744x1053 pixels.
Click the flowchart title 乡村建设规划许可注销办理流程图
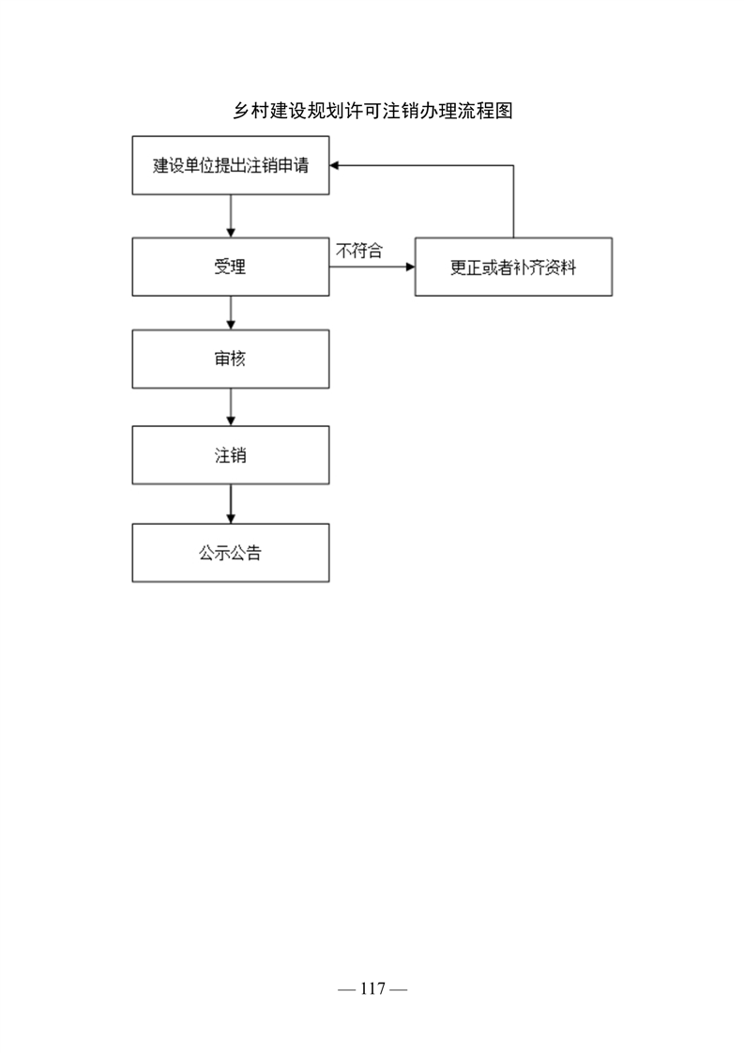pos(372,111)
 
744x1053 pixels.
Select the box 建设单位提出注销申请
pos(230,165)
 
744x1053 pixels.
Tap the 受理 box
pos(230,267)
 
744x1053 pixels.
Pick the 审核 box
pos(230,359)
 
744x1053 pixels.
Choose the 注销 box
pos(230,454)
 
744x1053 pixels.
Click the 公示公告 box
pos(230,553)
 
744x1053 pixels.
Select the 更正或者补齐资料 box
pos(514,267)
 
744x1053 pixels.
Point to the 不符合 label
pos(359,251)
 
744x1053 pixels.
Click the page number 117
pos(372,988)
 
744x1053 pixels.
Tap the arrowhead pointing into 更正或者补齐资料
pos(410,267)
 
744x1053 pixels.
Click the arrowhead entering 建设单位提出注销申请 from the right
pos(334,165)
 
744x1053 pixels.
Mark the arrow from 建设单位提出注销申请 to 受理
pos(231,216)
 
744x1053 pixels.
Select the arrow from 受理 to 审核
pos(231,313)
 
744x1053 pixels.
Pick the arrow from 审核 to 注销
pos(231,407)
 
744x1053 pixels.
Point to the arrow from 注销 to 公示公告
pos(231,504)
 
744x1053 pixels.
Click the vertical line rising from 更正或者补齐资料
pos(514,202)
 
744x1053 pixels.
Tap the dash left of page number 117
pos(346,989)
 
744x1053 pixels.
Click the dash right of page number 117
pos(398,989)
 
